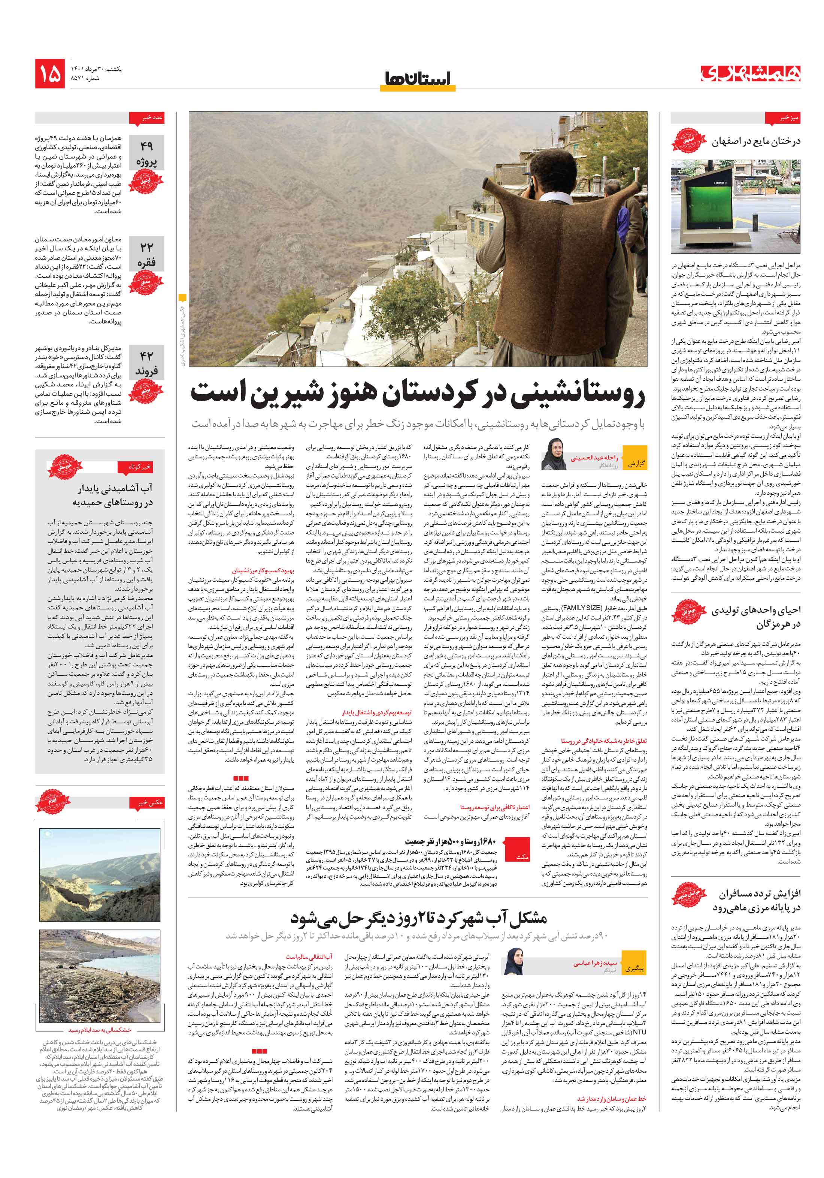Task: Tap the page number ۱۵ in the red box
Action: pos(50,74)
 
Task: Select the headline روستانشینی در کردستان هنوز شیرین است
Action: pos(417,394)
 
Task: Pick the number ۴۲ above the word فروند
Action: pos(146,356)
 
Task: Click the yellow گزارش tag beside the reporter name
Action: pos(636,463)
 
